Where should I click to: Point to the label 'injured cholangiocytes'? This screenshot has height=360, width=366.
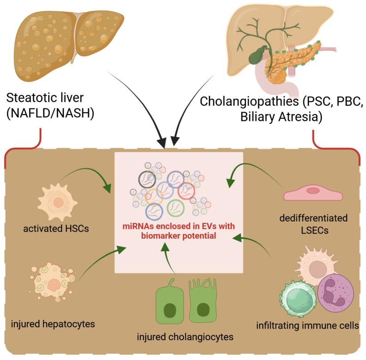pyautogui.click(x=185, y=336)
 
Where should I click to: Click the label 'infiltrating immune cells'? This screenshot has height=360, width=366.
pyautogui.click(x=307, y=326)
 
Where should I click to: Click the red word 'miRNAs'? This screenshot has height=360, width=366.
pyautogui.click(x=139, y=225)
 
